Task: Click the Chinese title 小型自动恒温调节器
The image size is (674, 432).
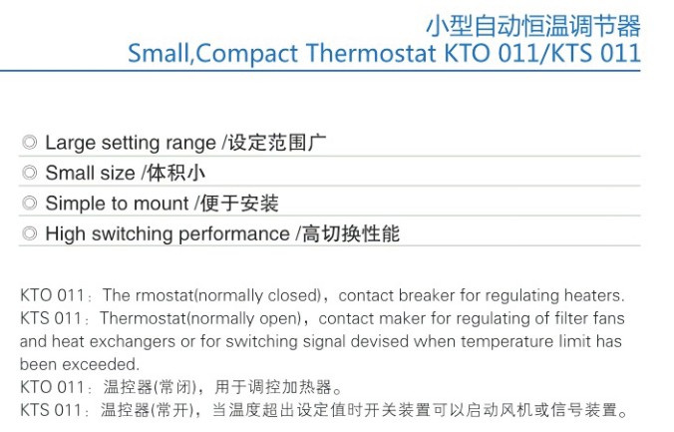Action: point(533,26)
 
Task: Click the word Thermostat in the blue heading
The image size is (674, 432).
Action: point(371,54)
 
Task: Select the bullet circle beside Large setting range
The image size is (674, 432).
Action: point(30,142)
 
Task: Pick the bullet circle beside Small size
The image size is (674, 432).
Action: point(30,173)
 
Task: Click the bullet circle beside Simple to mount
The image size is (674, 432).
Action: point(30,203)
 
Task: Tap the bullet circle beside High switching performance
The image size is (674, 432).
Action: point(30,233)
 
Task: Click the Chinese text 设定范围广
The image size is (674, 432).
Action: point(277,143)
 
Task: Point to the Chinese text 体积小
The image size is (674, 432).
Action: point(175,173)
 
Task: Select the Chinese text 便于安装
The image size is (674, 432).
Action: point(239,204)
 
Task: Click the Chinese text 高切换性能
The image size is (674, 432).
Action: point(351,233)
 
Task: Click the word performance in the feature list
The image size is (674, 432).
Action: point(234,234)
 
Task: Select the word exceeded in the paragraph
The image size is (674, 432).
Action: point(101,364)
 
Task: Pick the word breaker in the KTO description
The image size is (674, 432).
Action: point(427,295)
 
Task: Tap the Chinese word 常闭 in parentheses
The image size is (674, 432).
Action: point(174,387)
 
